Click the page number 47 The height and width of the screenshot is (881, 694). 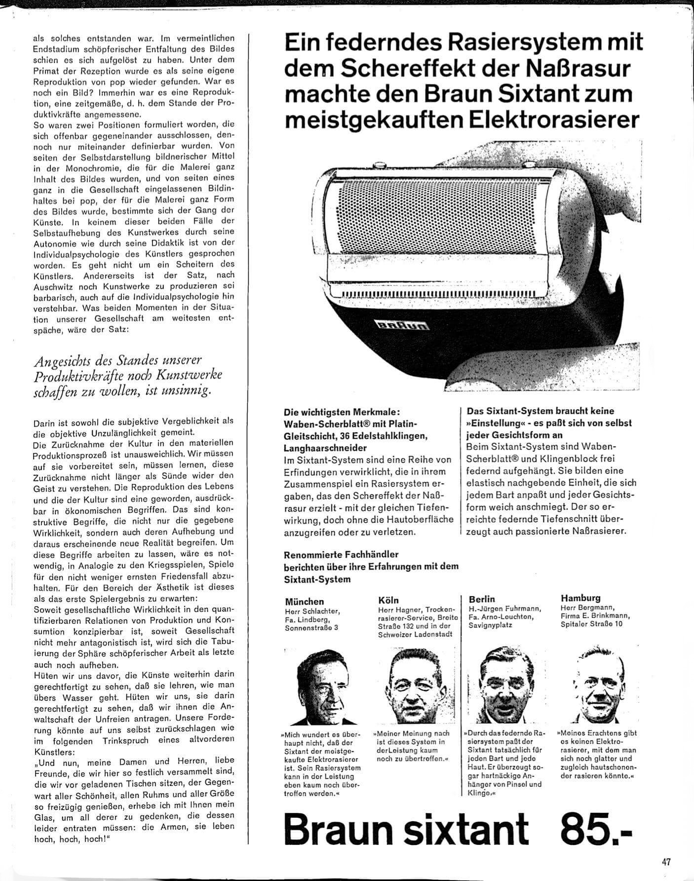click(x=666, y=861)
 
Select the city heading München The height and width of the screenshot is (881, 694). click(x=305, y=601)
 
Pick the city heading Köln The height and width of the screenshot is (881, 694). click(x=388, y=600)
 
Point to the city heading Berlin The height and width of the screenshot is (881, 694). click(x=482, y=599)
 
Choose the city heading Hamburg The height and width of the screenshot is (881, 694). click(x=580, y=598)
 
